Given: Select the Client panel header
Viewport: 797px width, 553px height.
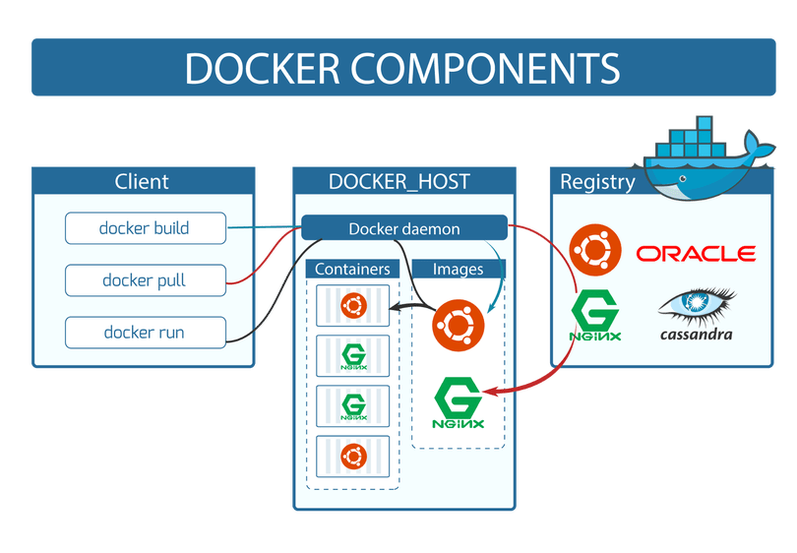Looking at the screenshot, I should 142,181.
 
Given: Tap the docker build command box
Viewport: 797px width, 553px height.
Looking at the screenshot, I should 145,228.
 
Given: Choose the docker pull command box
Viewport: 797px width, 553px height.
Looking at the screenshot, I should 145,280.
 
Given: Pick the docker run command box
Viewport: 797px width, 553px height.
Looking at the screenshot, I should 145,333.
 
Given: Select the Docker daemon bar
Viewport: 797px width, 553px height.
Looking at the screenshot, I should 403,228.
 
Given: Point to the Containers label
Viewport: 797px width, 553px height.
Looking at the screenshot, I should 352,269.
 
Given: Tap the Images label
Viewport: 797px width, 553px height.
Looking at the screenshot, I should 458,269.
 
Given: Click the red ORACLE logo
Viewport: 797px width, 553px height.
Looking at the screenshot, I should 696,254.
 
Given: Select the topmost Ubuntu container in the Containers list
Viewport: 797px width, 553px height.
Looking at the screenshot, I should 352,306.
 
